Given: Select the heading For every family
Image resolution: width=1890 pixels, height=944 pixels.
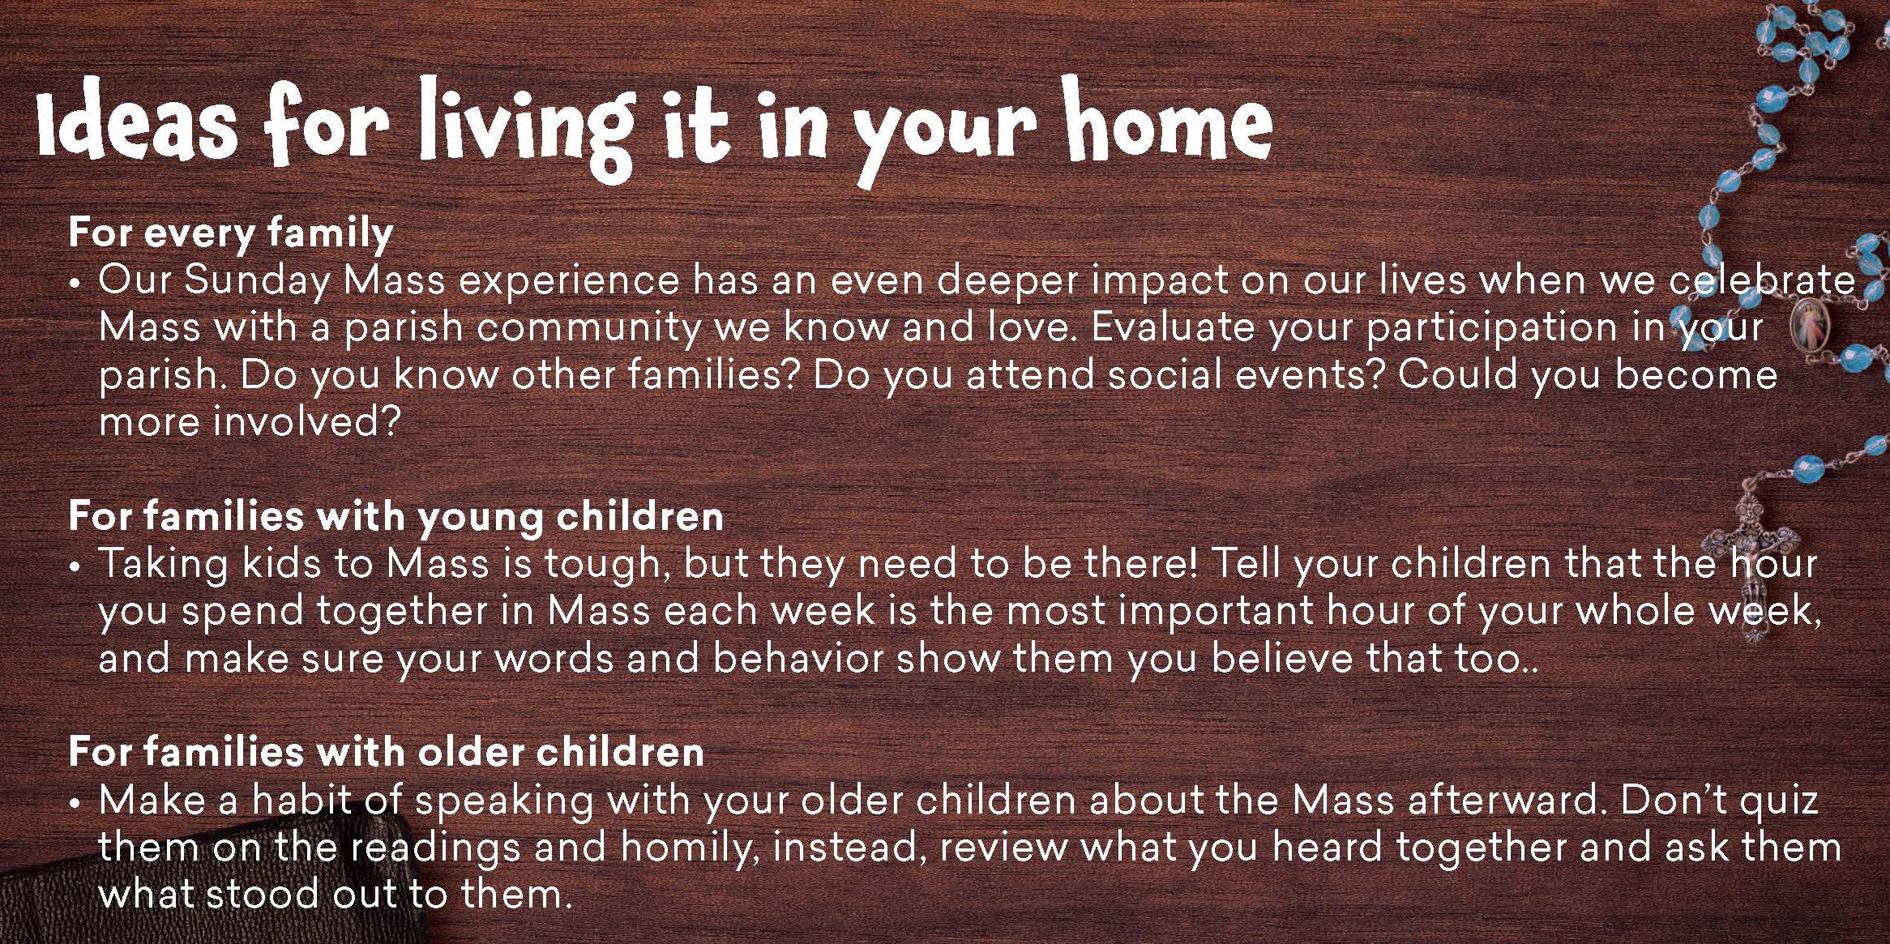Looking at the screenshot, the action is (231, 233).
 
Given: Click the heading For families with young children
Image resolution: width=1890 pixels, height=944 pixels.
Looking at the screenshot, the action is (396, 517).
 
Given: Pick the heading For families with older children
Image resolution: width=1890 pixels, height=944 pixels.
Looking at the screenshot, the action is (386, 751).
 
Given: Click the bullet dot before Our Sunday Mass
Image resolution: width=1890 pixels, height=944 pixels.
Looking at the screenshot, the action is (75, 286).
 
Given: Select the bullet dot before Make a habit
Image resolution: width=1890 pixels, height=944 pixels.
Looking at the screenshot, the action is (75, 805).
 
